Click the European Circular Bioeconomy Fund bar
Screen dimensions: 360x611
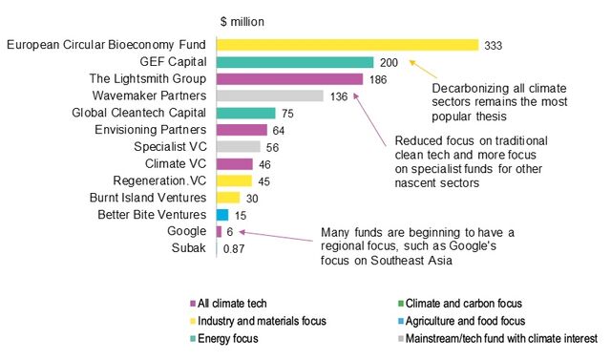(347, 44)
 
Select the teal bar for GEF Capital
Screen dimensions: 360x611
(295, 61)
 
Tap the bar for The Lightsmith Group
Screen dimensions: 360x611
(289, 78)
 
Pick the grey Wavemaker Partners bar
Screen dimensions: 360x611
(270, 95)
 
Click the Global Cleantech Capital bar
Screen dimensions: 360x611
(245, 113)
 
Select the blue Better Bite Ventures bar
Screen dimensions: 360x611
(222, 214)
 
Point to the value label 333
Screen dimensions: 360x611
(494, 44)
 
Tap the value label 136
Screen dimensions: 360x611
(339, 95)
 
